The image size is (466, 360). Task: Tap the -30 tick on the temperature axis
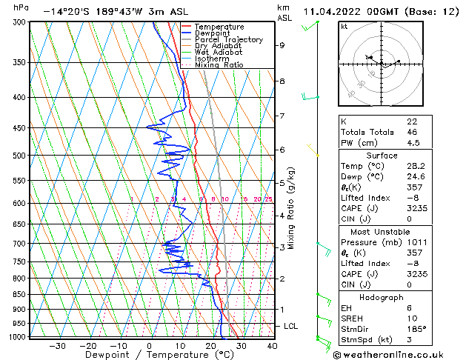57,345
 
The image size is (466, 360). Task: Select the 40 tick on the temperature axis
271,345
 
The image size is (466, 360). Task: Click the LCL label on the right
291,326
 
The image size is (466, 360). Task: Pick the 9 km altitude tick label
282,45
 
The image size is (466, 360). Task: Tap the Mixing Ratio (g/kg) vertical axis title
292,208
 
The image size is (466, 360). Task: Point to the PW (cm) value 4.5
412,144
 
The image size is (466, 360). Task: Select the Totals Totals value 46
411,132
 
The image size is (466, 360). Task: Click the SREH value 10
411,318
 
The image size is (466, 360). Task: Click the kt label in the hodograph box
344,26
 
